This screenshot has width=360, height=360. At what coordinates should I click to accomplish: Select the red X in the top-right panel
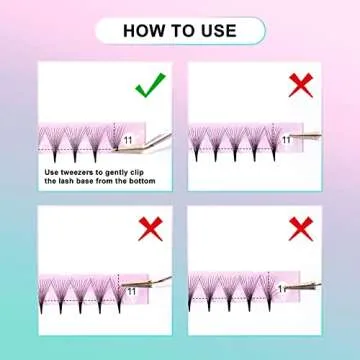pyautogui.click(x=300, y=85)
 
